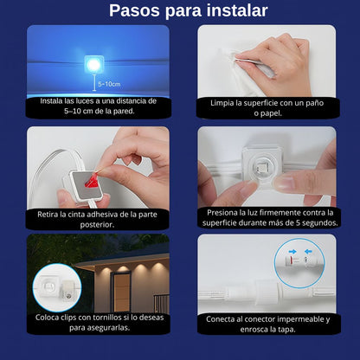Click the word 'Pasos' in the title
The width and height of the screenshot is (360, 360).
point(136,11)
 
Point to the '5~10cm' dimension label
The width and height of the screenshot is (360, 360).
point(110,84)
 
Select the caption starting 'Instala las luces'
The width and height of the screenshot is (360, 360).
point(98,106)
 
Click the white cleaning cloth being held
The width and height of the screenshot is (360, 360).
point(234,61)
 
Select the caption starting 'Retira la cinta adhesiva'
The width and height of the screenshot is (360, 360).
point(98,218)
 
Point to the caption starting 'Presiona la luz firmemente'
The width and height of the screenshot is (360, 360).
point(266,217)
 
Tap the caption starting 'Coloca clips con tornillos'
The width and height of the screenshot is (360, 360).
point(98,322)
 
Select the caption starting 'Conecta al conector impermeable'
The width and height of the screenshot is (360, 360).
point(266,323)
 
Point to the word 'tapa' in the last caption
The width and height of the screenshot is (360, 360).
point(292,329)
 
